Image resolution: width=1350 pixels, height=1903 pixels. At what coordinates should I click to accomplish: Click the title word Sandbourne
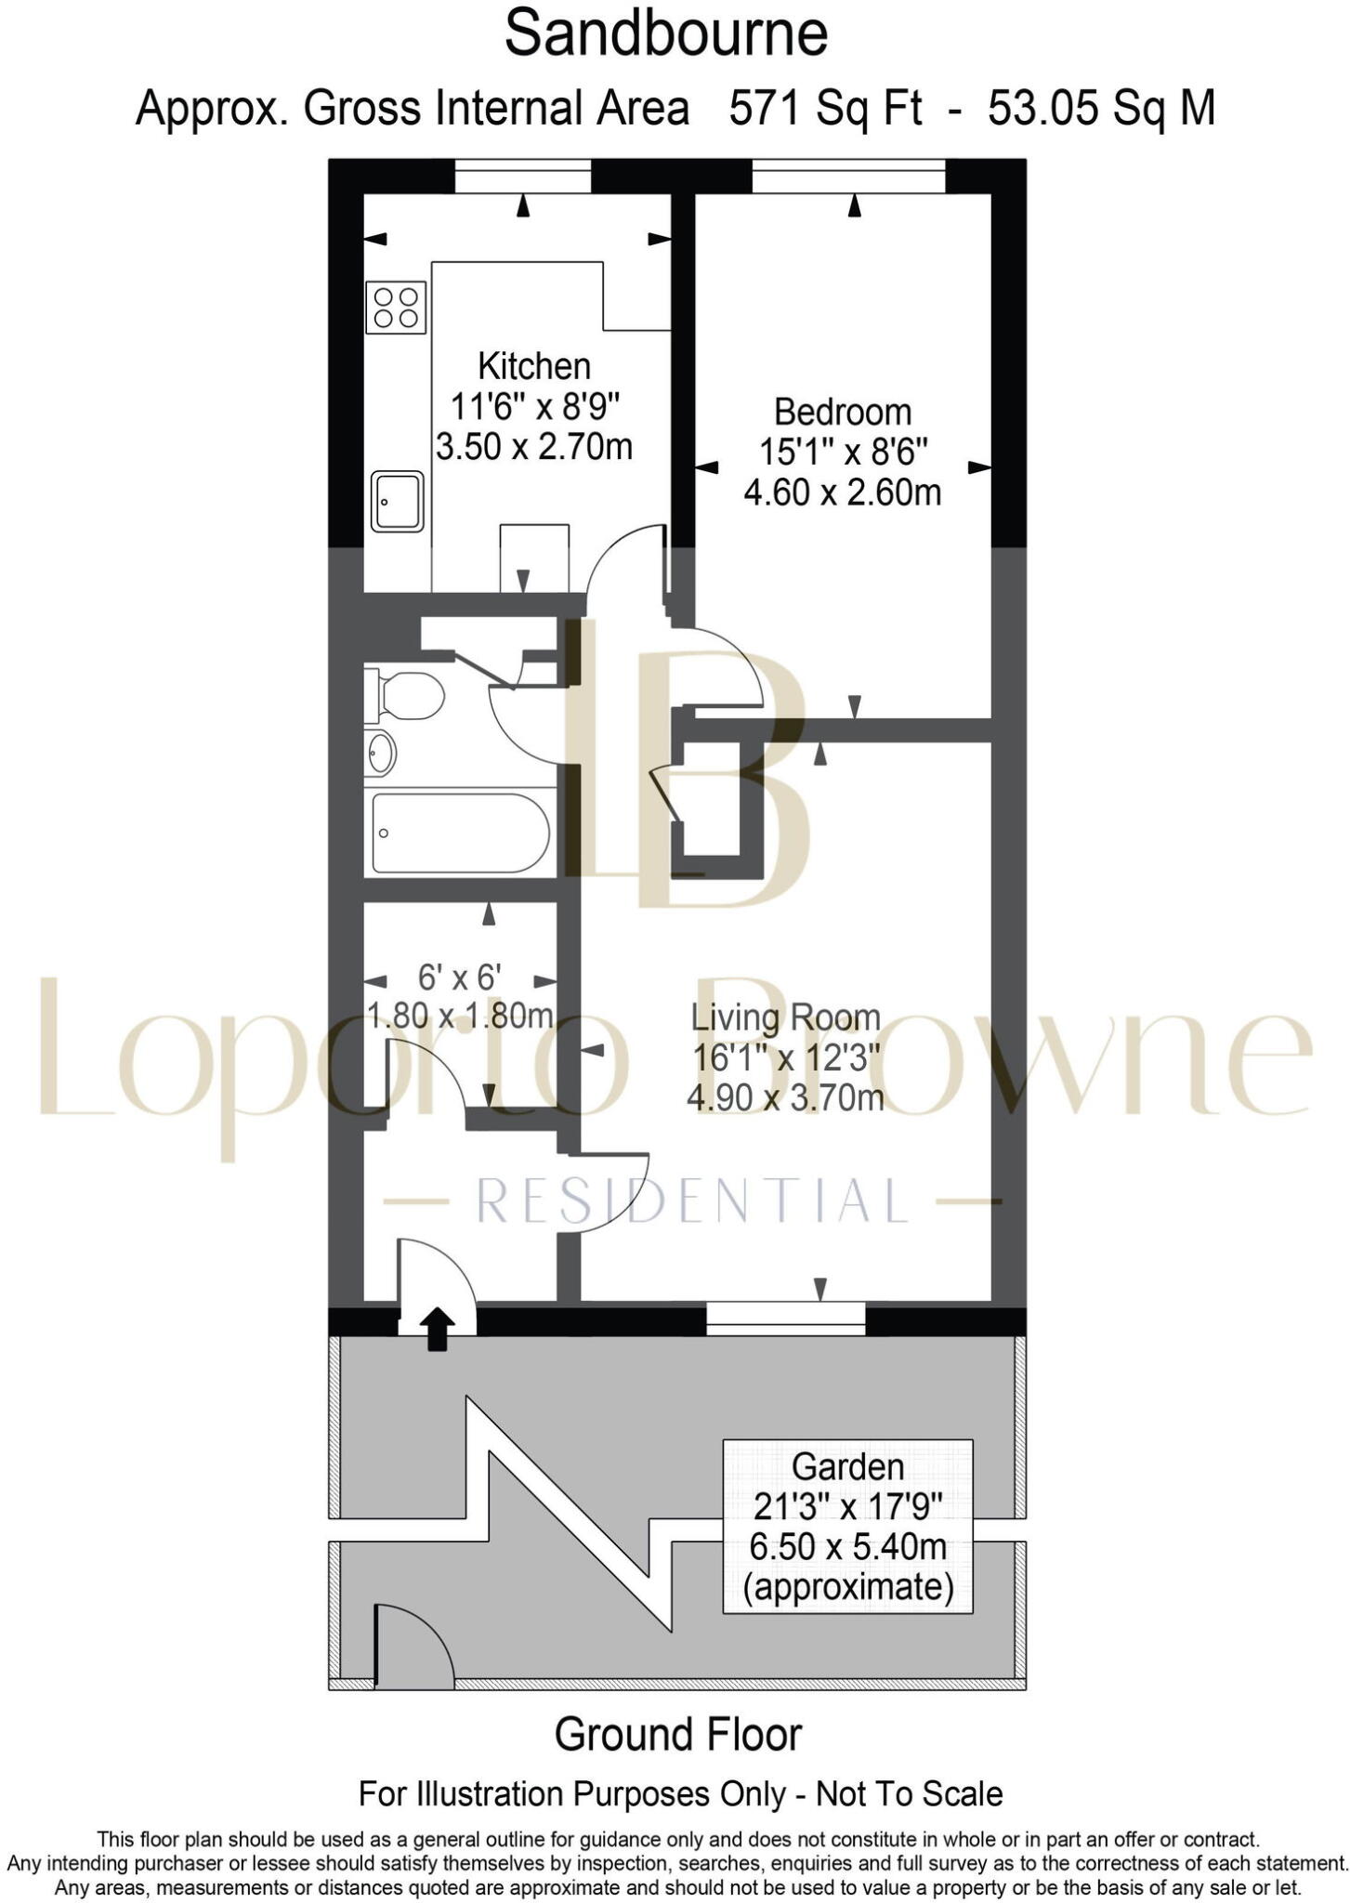click(x=665, y=34)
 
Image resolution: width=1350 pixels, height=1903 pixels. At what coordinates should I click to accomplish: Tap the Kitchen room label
click(x=533, y=366)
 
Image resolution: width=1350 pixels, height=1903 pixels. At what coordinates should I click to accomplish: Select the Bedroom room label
click(x=842, y=412)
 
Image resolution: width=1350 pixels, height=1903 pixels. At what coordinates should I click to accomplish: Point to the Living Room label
click(x=785, y=1017)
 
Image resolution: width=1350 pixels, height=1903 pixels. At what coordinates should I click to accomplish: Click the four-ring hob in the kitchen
click(x=397, y=308)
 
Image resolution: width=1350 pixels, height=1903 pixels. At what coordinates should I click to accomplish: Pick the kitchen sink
click(x=397, y=501)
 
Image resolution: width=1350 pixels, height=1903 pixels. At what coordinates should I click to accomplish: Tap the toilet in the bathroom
click(x=407, y=696)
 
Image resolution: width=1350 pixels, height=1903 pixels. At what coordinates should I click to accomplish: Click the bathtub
click(x=460, y=833)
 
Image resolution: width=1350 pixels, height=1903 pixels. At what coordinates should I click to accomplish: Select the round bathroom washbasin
click(x=380, y=753)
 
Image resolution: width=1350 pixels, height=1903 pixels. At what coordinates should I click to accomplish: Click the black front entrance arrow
click(x=438, y=1329)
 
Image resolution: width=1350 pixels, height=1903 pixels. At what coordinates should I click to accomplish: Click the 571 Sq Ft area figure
click(x=825, y=109)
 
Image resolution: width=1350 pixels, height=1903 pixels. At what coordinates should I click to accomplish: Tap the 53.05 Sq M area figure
click(x=1101, y=109)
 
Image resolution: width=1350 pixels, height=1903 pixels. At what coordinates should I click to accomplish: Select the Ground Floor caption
click(x=677, y=1735)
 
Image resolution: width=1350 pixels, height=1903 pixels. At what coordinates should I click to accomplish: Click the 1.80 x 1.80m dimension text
click(x=461, y=1016)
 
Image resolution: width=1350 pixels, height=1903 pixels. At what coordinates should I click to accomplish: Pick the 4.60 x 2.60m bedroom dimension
click(x=842, y=492)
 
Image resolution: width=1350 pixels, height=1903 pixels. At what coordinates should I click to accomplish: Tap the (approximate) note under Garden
click(x=847, y=1586)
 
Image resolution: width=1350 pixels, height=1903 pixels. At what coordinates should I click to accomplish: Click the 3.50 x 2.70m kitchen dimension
click(x=533, y=447)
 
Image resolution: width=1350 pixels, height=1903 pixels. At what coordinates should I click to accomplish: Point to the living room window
click(x=785, y=1318)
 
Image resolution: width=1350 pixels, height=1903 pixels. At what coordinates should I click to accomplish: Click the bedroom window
click(x=848, y=177)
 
